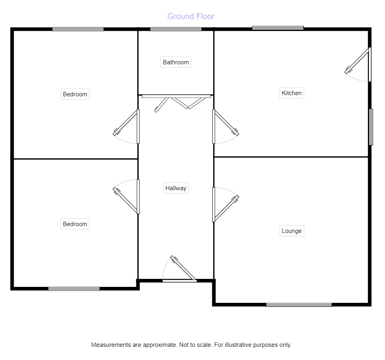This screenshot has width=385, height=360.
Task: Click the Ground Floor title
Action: [x=191, y=16]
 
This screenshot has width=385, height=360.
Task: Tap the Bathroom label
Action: [x=176, y=62]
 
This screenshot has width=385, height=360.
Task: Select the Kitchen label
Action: [x=291, y=93]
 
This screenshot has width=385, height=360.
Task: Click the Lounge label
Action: [x=291, y=231]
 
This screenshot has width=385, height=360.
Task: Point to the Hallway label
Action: [x=176, y=188]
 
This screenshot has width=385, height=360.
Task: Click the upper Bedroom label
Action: [x=75, y=94]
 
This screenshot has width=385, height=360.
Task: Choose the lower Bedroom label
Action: [x=75, y=224]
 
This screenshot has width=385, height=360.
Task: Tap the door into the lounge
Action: [x=224, y=206]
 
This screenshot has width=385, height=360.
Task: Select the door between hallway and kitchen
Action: [x=225, y=125]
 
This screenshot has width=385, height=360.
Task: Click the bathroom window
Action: [x=176, y=29]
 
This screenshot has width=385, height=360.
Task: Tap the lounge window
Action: [x=299, y=305]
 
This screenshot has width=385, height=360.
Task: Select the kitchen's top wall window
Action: [x=278, y=28]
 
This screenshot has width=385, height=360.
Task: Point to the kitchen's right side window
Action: [x=371, y=127]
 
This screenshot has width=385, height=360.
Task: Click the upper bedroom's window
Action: [x=78, y=29]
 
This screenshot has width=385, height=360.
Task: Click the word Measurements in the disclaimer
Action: [x=111, y=345]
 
